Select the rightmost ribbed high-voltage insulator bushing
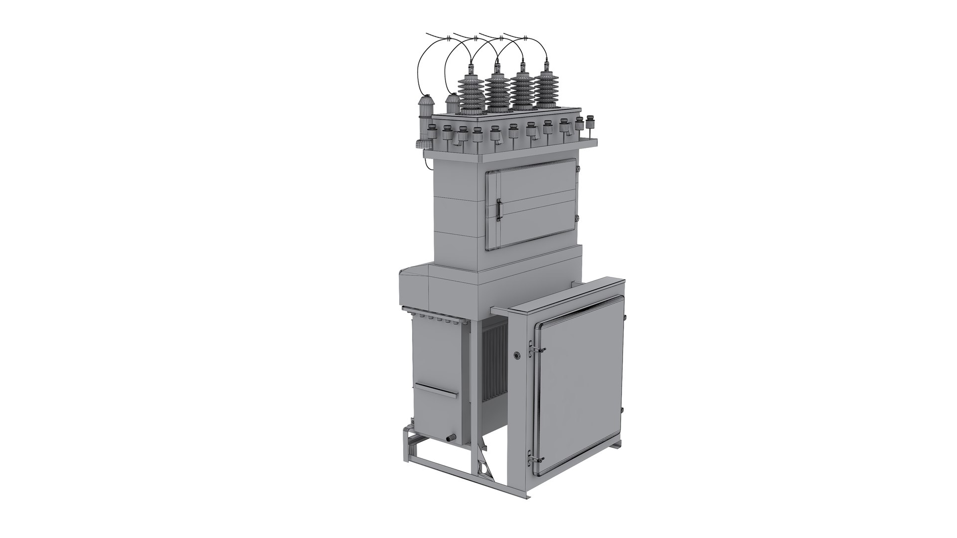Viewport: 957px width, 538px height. (x=546, y=90)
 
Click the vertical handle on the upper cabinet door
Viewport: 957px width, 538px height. (x=498, y=209)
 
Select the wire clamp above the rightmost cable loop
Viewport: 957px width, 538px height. (x=525, y=38)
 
